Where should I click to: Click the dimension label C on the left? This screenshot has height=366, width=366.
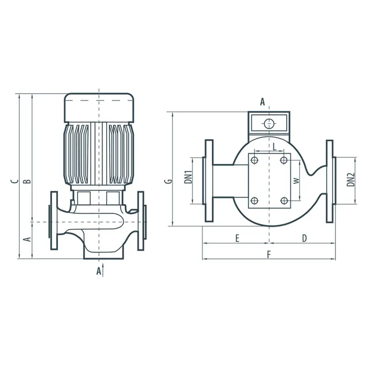(x=15, y=181)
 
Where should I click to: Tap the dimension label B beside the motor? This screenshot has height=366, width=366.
(x=27, y=181)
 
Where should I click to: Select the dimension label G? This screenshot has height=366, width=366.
(x=169, y=181)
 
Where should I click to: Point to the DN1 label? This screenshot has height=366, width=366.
(x=188, y=177)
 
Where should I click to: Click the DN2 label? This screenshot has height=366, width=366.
(x=350, y=179)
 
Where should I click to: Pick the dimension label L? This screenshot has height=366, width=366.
(x=275, y=147)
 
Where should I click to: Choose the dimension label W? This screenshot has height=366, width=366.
(x=296, y=181)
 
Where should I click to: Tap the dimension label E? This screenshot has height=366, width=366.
(x=237, y=238)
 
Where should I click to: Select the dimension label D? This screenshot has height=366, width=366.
(x=304, y=238)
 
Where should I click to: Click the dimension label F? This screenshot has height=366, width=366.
(x=269, y=255)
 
